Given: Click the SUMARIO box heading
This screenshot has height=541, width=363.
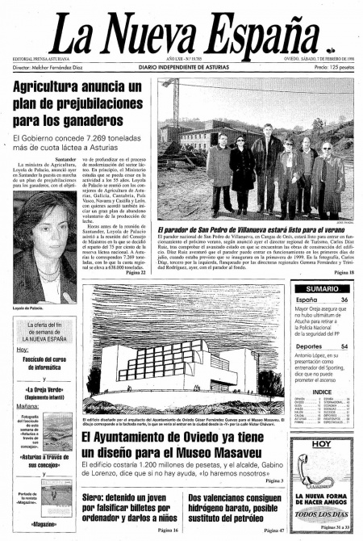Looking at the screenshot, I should (322, 288).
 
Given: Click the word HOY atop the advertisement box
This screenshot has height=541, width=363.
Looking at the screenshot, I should (322, 444).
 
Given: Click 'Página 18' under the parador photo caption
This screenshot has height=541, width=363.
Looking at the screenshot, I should (343, 272).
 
